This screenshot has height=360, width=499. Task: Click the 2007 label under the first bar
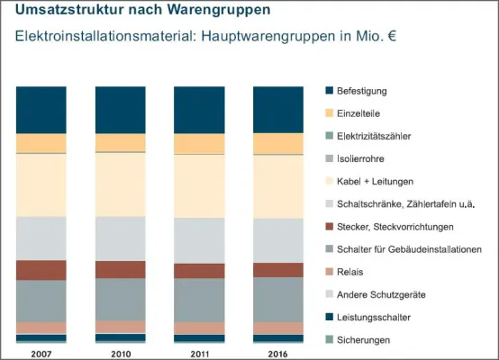41,352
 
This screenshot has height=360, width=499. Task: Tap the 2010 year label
121,352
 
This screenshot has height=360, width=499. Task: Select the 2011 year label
199,352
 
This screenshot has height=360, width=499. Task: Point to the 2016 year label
278,352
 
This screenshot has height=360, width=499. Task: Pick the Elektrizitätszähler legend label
375,136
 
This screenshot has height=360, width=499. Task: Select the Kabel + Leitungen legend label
375,181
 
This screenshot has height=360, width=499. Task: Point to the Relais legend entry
351,272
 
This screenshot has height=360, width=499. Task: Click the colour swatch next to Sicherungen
329,339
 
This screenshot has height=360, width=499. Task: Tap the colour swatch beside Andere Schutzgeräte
329,294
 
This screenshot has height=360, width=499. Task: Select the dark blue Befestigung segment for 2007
41,110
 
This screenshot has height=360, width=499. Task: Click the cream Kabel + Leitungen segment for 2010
121,184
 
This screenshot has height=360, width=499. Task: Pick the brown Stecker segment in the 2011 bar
199,271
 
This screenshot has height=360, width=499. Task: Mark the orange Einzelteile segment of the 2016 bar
278,144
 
